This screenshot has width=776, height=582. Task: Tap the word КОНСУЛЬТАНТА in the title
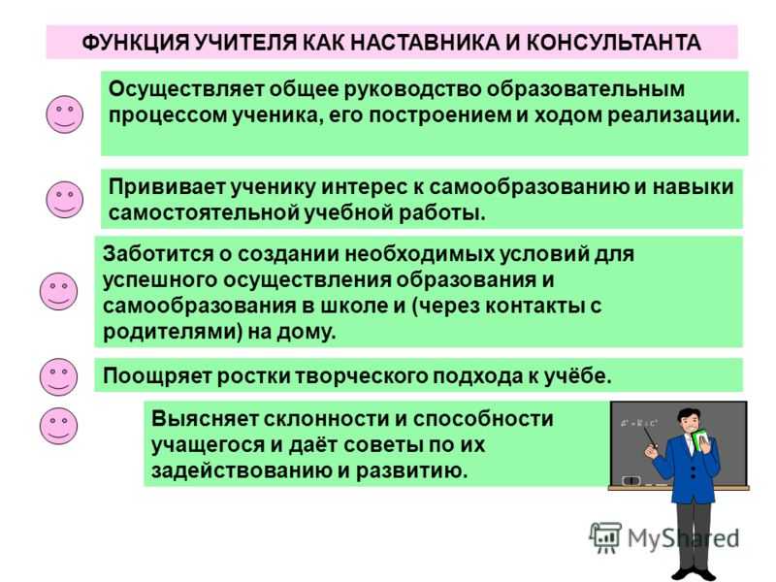[x=613, y=43]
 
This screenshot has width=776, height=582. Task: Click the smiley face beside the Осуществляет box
[x=64, y=114]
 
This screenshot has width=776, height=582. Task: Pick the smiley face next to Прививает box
[x=64, y=200]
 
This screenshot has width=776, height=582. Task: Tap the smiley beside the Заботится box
[x=58, y=291]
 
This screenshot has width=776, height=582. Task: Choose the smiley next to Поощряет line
[x=58, y=376]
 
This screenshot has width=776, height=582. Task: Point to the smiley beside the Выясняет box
[x=58, y=426]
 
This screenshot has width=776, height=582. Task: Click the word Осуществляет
[x=188, y=90]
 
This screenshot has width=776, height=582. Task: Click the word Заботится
[x=158, y=254]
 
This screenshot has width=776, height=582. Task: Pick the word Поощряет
[x=157, y=376]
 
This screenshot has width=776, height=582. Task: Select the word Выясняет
[x=206, y=419]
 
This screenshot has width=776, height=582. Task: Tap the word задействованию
[x=242, y=470]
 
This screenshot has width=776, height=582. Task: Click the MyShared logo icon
[x=605, y=537]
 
